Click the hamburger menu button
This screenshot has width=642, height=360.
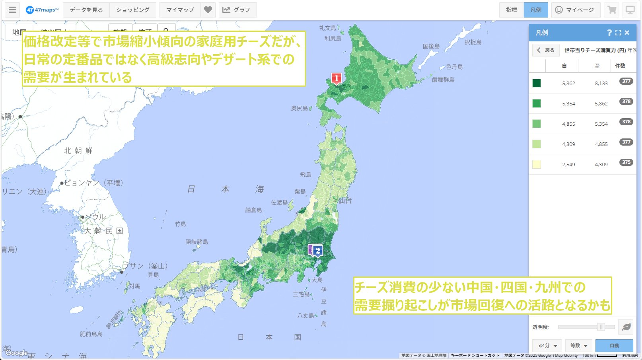coord(12,10)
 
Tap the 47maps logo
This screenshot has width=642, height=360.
coord(42,10)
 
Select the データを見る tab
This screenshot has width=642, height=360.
coord(86,10)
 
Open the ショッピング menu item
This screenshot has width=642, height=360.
coord(133,10)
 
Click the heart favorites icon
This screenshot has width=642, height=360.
coord(208,10)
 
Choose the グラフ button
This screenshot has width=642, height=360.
coord(237,10)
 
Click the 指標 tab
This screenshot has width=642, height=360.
coord(512,10)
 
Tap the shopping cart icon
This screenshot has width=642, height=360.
coord(612,10)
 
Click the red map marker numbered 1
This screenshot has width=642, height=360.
coord(337,78)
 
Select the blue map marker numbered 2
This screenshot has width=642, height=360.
coord(317,251)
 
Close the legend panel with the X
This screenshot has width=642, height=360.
coord(627,33)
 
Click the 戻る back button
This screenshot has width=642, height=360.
coord(546,50)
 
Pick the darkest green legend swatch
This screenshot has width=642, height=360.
coord(537,83)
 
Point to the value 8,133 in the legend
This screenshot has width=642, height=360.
coord(601,84)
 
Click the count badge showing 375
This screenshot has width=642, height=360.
coord(626,162)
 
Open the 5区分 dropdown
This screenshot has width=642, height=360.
coord(547,346)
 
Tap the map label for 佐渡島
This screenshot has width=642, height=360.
coord(279,202)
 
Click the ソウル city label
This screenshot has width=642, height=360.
coord(96,217)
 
